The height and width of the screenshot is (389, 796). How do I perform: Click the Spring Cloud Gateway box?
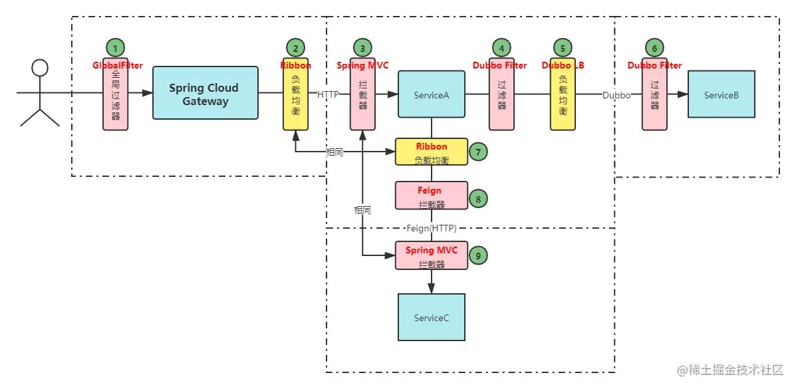[x=205, y=93]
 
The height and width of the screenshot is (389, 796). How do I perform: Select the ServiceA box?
[x=431, y=94]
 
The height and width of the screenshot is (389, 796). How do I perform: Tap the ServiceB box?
[x=722, y=94]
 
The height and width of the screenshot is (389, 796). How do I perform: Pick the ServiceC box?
[x=431, y=317]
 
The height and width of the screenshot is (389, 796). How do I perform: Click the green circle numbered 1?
[x=116, y=47]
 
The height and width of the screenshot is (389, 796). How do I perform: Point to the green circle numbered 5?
[x=563, y=47]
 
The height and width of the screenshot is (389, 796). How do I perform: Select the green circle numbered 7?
[x=477, y=152]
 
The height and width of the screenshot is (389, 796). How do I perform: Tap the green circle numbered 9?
[x=477, y=254]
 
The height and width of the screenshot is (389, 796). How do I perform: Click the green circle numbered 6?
[x=654, y=47]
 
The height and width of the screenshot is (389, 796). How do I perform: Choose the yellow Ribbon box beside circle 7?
[x=432, y=152]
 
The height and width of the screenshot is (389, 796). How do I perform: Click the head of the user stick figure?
[x=41, y=67]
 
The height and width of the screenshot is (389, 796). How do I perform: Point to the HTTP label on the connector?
[x=328, y=94]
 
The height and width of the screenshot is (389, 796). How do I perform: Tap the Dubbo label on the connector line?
[x=616, y=94]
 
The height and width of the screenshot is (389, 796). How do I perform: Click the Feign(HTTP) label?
[x=432, y=228]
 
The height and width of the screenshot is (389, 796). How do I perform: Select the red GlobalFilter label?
[x=117, y=65]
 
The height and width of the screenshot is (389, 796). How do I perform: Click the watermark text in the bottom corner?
[x=730, y=368]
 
